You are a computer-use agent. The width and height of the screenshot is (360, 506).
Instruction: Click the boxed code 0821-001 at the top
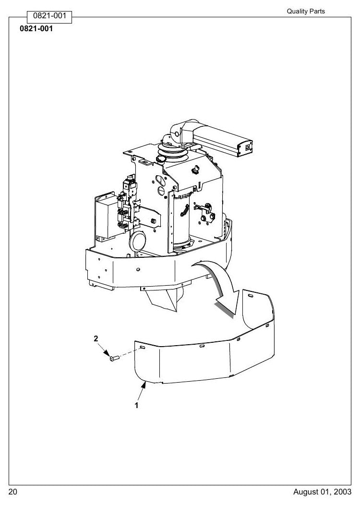pyautogui.click(x=49, y=16)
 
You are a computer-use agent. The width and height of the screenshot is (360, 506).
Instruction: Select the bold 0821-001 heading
pyautogui.click(x=36, y=29)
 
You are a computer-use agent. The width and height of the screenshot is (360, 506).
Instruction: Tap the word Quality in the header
pyautogui.click(x=297, y=12)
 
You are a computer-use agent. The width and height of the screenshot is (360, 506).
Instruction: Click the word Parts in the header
pyautogui.click(x=317, y=12)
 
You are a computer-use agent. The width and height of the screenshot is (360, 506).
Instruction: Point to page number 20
pyautogui.click(x=13, y=492)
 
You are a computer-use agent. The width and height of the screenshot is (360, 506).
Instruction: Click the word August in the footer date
pyautogui.click(x=306, y=492)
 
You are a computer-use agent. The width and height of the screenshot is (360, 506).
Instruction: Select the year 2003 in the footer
pyautogui.click(x=343, y=492)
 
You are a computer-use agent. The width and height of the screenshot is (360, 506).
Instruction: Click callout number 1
pyautogui.click(x=136, y=405)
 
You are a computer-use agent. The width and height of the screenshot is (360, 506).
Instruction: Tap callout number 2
pyautogui.click(x=96, y=338)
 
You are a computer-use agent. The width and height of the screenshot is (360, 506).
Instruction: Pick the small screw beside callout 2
pyautogui.click(x=114, y=358)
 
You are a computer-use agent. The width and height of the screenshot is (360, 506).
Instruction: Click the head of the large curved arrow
pyautogui.click(x=228, y=304)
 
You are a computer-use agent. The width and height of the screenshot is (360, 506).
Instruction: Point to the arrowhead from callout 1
pyautogui.click(x=144, y=384)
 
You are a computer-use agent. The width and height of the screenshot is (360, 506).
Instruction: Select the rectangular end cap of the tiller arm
pyautogui.click(x=245, y=148)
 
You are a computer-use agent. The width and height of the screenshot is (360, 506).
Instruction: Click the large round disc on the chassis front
pyautogui.click(x=138, y=240)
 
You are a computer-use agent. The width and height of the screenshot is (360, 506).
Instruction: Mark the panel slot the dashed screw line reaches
pyautogui.click(x=142, y=347)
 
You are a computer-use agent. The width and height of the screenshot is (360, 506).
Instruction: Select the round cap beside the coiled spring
pyautogui.click(x=161, y=159)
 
